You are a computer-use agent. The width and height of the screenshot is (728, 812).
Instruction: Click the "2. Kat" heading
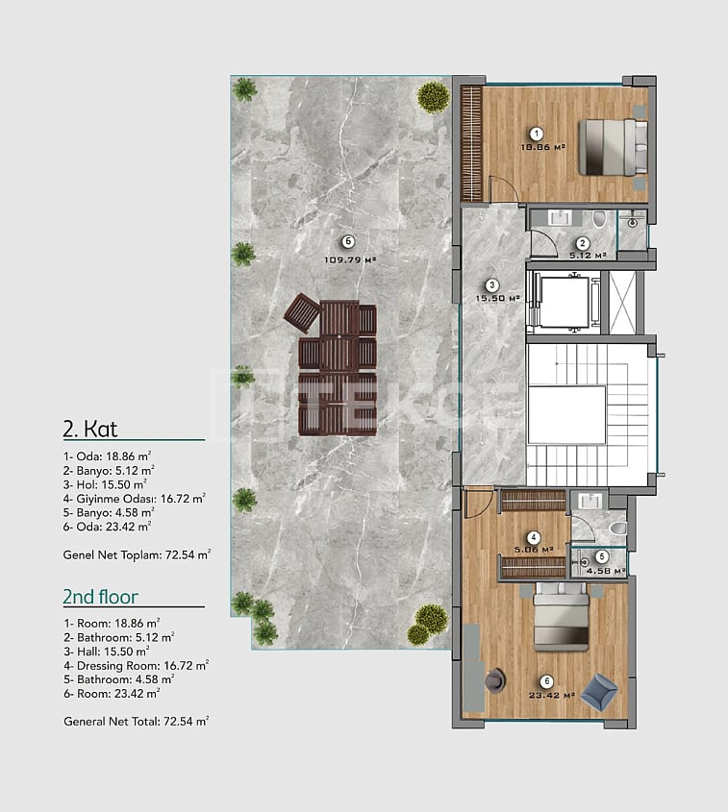(x=90, y=429)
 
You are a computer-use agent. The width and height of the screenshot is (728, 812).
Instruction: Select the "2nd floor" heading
(x=101, y=597)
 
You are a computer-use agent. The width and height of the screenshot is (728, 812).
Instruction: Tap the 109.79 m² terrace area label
(x=350, y=260)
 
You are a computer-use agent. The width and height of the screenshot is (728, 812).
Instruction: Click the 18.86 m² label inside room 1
(x=542, y=147)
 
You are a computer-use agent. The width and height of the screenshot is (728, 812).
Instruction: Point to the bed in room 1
(x=613, y=147)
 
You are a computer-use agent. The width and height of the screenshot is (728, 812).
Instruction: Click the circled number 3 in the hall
(x=491, y=284)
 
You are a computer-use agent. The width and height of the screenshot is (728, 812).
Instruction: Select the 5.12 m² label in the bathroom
(x=588, y=256)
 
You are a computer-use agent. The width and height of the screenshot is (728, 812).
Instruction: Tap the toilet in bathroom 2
(x=598, y=218)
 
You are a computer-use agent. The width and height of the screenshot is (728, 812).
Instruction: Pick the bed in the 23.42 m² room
(x=562, y=617)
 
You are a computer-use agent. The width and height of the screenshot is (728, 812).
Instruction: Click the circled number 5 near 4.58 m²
(x=601, y=557)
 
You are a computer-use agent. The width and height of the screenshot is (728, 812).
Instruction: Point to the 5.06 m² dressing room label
(x=534, y=550)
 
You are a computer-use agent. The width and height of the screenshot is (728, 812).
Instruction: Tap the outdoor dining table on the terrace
(x=339, y=369)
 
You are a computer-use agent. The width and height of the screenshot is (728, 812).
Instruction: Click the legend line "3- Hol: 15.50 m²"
(x=105, y=484)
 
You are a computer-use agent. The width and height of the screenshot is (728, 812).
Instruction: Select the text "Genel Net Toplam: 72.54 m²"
(x=137, y=554)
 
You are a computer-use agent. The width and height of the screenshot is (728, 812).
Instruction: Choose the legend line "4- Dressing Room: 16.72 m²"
(x=137, y=665)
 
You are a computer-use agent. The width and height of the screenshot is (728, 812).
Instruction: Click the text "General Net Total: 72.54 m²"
(x=137, y=722)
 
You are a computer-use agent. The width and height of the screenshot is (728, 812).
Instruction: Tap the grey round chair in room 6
(x=496, y=679)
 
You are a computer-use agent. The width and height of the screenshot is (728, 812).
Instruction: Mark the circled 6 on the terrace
(x=348, y=241)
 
